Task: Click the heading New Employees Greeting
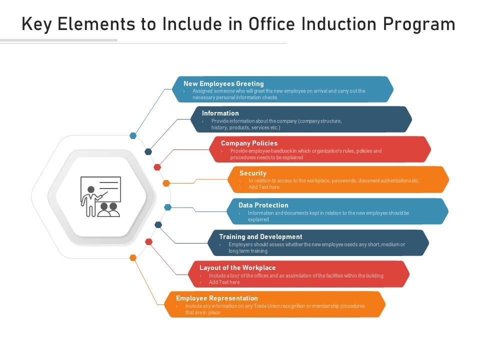pos(223,83)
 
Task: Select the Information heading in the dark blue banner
pos(220,113)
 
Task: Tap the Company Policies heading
pos(249,143)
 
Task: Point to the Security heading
pos(252,173)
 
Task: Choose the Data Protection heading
pos(263,205)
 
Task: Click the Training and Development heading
pos(260,236)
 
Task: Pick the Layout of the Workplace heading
pos(237,267)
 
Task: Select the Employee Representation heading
pos(217,298)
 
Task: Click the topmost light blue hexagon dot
pos(133,135)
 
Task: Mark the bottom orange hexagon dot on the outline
pos(133,258)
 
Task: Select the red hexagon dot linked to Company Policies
pos(157,167)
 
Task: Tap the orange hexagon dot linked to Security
pos(166,183)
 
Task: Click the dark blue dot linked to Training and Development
pos(158,225)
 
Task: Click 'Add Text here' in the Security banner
pos(264,187)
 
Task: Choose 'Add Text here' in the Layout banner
pos(224,282)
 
